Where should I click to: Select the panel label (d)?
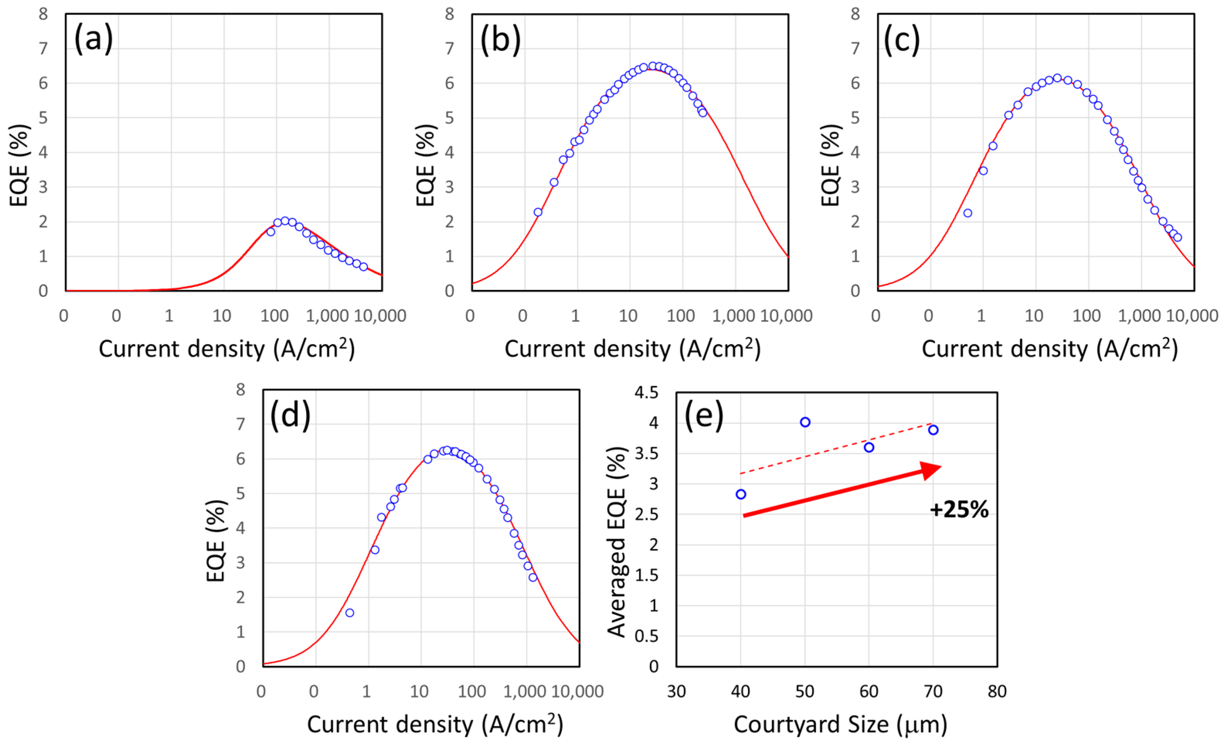tap(290, 415)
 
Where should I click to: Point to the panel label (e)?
tap(703, 415)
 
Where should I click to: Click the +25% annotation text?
tap(959, 510)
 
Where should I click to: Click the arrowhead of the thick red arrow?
tap(930, 470)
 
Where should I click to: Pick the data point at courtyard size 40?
tap(741, 494)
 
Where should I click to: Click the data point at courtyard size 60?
tap(869, 448)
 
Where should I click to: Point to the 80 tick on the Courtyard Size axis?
tap(997, 691)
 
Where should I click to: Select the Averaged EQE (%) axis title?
tap(616, 542)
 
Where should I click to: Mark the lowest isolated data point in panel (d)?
tap(350, 613)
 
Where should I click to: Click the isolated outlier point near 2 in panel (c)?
tap(968, 213)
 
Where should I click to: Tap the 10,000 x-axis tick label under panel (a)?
tap(380, 316)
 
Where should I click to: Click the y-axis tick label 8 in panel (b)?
tap(449, 14)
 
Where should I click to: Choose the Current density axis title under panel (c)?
tap(1050, 349)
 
